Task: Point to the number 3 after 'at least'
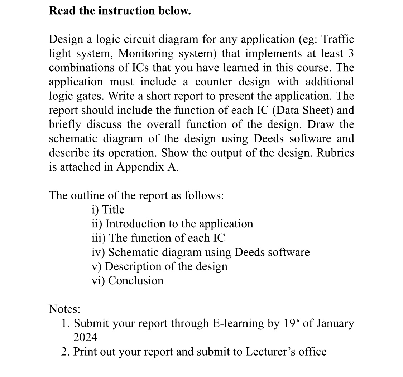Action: click(x=350, y=53)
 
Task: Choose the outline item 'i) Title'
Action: click(x=108, y=210)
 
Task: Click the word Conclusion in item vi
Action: click(x=136, y=281)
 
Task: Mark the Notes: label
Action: click(x=64, y=309)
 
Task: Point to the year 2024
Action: click(x=85, y=337)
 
